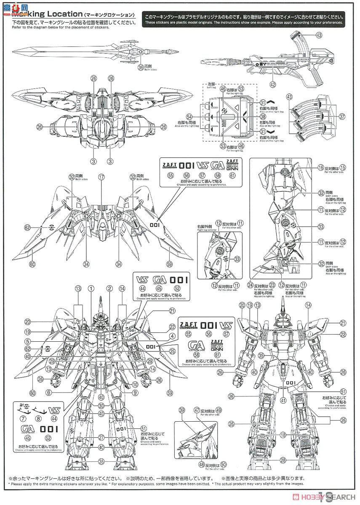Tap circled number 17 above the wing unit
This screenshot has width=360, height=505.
101,178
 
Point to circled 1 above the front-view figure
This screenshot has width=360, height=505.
91,289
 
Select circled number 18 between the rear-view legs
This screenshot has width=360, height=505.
283,434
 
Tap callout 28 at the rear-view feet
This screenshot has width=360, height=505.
283,460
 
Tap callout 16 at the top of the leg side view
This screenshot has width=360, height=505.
320,167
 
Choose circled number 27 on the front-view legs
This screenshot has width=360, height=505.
101,437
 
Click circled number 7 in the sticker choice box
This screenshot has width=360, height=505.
22,419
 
